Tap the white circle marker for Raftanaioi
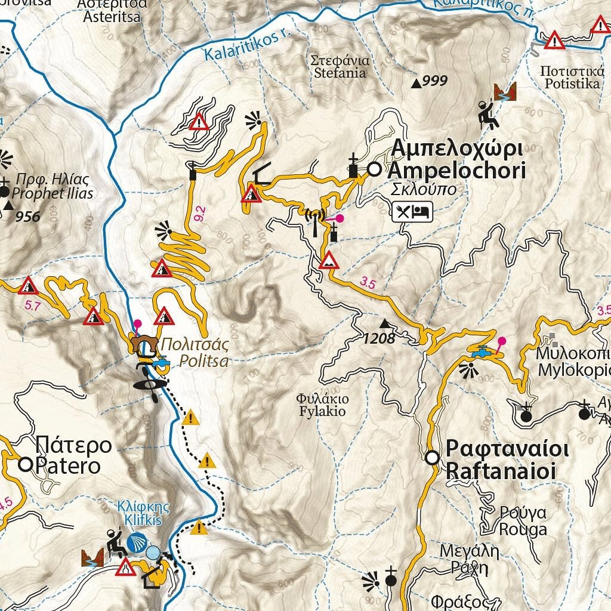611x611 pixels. (x=433, y=458)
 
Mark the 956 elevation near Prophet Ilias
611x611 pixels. (x=28, y=217)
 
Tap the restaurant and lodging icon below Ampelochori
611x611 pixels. (x=412, y=211)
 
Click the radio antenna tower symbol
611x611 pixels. (x=314, y=219)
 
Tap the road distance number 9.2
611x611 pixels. (x=200, y=211)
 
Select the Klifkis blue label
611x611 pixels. (x=143, y=514)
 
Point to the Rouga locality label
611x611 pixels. (x=514, y=521)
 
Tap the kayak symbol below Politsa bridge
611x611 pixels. (x=146, y=382)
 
